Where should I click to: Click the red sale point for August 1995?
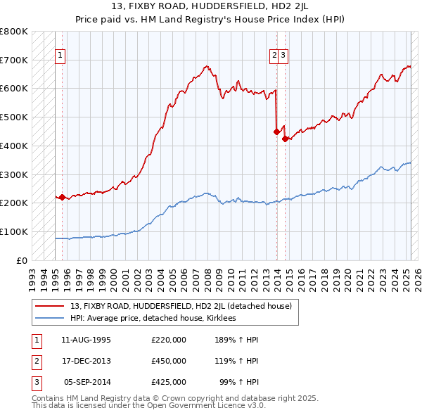coord(62,197)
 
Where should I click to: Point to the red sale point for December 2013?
coord(276,131)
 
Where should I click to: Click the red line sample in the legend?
coord(51,306)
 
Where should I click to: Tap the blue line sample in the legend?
coord(51,318)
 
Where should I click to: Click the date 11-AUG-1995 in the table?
coord(86,340)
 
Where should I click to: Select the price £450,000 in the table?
coord(169,361)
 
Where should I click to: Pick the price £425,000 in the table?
coord(169,382)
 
